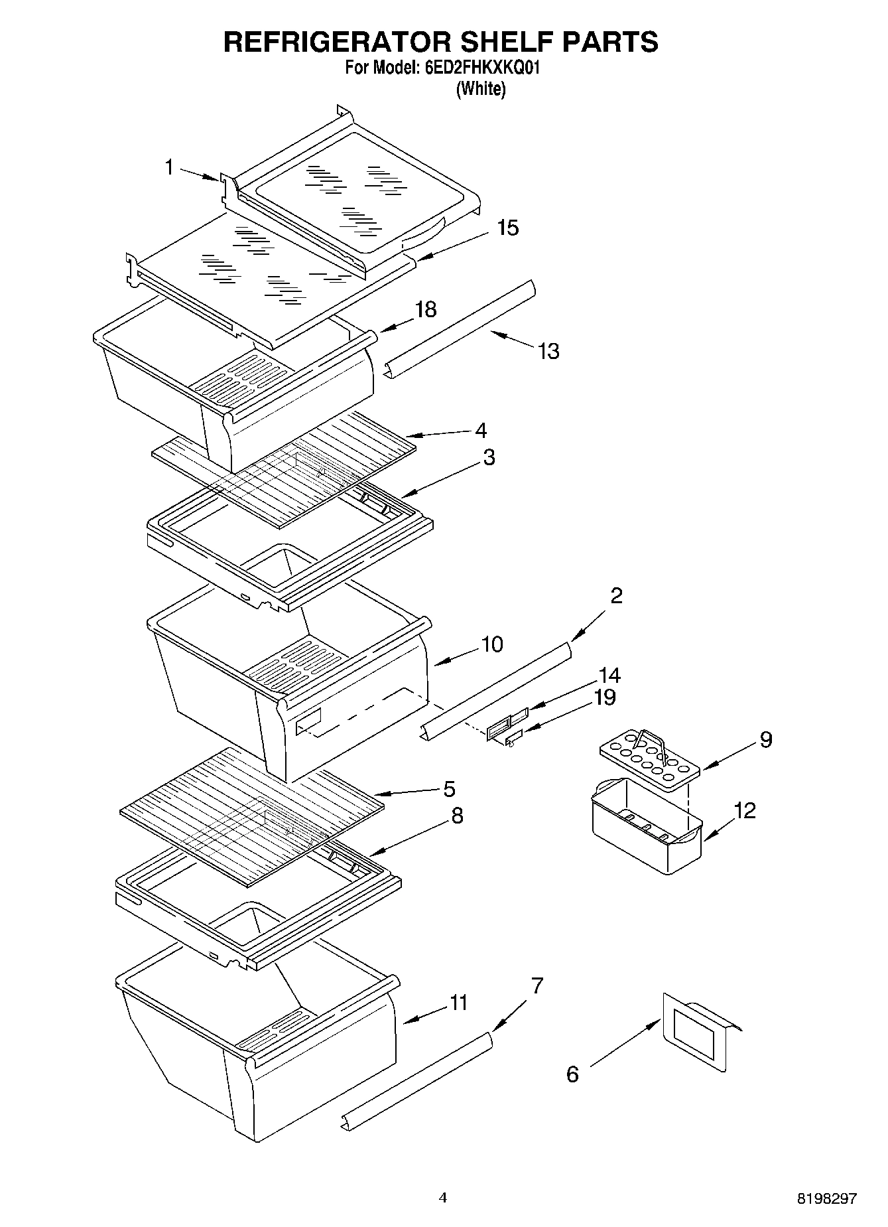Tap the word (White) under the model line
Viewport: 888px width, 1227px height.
point(481,88)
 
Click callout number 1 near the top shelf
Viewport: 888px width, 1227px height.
point(170,168)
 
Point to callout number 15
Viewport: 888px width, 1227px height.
point(508,228)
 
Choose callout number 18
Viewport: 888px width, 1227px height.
point(426,309)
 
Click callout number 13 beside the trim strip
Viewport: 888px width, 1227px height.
point(548,351)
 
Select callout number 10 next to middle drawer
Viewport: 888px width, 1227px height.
point(492,644)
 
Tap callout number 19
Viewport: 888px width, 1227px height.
point(605,697)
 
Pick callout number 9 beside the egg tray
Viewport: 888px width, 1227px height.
point(766,739)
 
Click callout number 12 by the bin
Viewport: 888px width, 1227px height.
point(745,810)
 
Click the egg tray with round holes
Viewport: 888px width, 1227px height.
point(650,758)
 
